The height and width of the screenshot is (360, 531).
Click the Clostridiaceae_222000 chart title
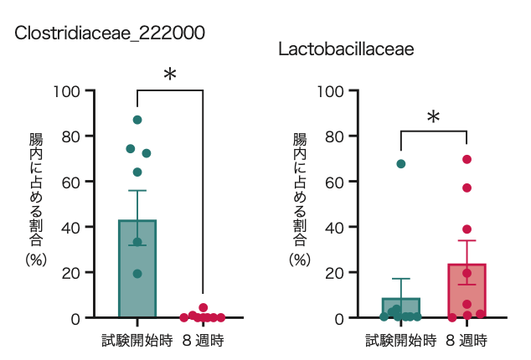110,33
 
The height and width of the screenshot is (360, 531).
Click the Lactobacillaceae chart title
346,49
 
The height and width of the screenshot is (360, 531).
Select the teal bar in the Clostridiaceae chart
137,268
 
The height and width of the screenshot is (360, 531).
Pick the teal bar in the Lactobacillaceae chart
400,307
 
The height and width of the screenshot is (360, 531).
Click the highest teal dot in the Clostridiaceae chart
137,120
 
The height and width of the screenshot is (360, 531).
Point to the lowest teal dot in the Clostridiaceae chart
137,274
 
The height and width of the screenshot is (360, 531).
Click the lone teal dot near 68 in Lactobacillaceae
401,164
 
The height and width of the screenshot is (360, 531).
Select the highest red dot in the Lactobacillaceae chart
467,159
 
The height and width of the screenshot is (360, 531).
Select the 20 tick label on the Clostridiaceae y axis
73,273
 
